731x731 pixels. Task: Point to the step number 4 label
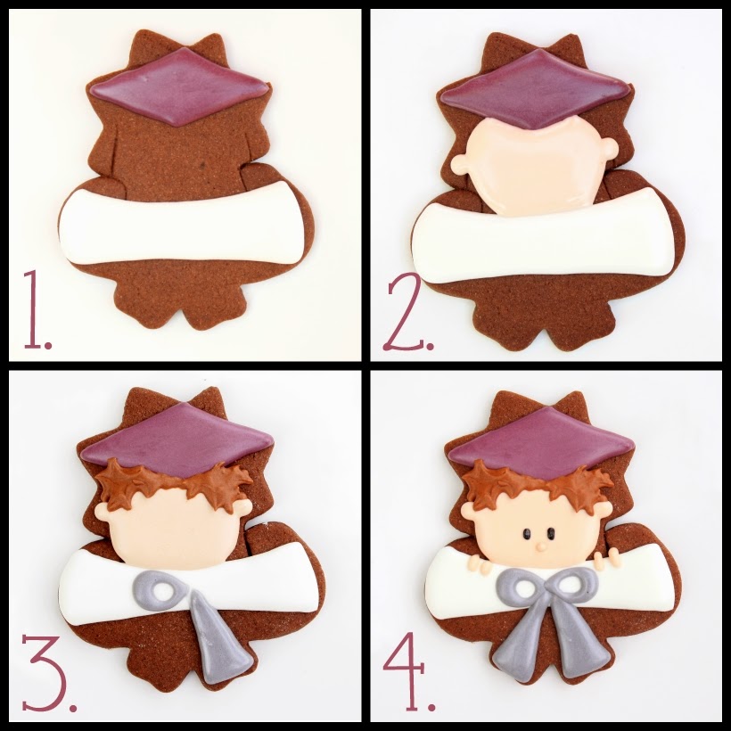coord(409,670)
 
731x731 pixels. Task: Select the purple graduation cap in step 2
coord(535,89)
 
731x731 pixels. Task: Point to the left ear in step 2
coord(460,165)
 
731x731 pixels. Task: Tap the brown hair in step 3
coord(174,484)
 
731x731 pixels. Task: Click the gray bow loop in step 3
coord(161,591)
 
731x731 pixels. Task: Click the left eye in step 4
coord(527,533)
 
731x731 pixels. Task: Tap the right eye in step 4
coord(552,533)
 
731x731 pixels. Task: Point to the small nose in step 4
coord(540,546)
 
